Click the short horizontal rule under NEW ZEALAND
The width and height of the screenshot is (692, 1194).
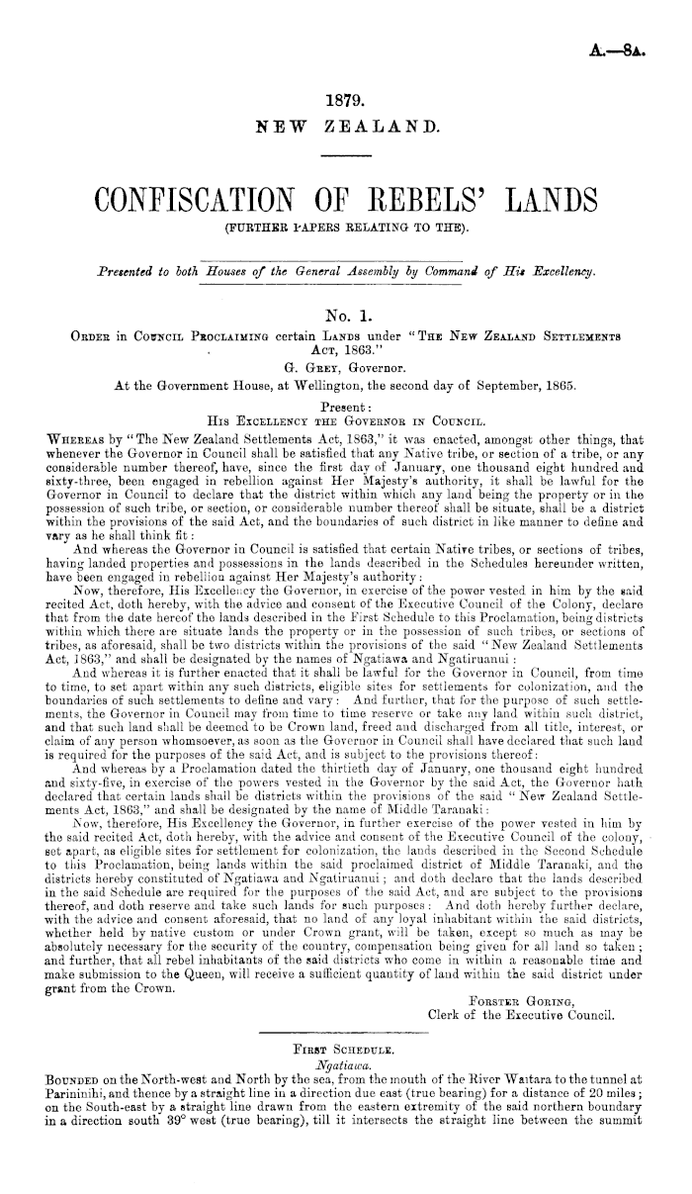(x=345, y=158)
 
